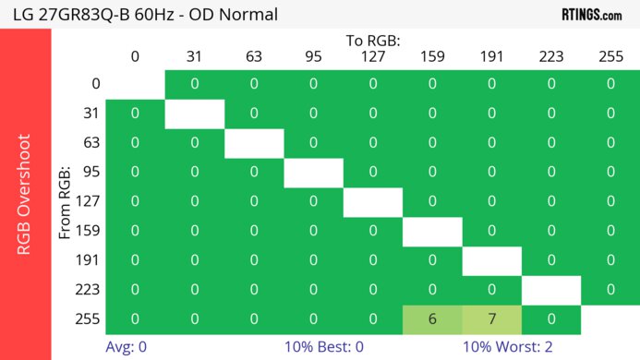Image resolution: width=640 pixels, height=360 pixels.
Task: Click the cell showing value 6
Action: [x=432, y=318]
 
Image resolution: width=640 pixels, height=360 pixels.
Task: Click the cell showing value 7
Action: [x=491, y=318]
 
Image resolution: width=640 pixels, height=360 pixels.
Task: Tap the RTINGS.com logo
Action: [x=591, y=15]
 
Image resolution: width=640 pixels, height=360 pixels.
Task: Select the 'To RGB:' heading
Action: [x=373, y=41]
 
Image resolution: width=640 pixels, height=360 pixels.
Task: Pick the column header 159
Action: [x=432, y=57]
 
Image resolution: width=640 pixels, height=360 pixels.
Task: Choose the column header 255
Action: [x=610, y=57]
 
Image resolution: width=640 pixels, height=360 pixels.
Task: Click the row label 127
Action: [x=88, y=201]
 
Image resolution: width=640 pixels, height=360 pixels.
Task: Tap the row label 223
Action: [x=88, y=289]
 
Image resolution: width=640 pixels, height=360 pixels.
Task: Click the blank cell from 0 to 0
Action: [x=135, y=84]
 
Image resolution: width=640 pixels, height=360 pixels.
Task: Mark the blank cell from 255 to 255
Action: [x=610, y=318]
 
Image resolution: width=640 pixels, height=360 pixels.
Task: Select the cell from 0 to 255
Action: [x=610, y=84]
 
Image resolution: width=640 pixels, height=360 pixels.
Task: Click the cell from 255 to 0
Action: [x=135, y=318]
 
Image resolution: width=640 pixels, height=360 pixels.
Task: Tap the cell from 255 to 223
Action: [x=550, y=318]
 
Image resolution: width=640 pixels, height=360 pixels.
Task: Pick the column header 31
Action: [x=194, y=57]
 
